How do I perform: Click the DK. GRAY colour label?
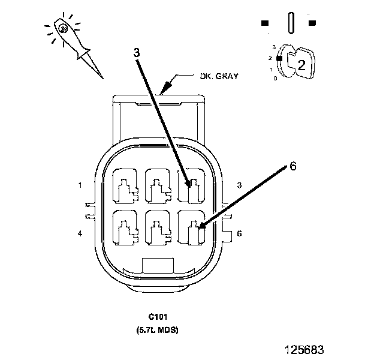tap(219, 76)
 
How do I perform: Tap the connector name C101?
tap(158, 317)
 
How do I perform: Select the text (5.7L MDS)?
tap(158, 330)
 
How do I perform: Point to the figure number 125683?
tap(304, 350)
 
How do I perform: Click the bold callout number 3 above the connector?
tap(137, 53)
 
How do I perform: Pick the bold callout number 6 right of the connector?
tap(293, 166)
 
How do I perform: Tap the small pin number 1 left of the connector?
tap(80, 185)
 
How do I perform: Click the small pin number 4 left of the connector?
tap(80, 233)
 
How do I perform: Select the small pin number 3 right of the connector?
tap(239, 185)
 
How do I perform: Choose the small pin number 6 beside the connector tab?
tap(239, 233)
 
